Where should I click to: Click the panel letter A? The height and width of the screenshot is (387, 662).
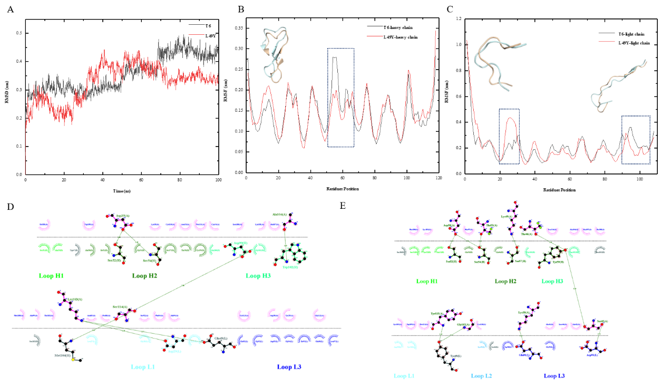11,9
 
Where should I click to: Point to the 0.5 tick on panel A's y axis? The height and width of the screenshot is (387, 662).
20,33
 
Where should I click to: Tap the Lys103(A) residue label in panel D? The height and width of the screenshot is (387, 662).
62,299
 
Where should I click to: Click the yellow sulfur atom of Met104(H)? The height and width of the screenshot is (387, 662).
74,361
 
